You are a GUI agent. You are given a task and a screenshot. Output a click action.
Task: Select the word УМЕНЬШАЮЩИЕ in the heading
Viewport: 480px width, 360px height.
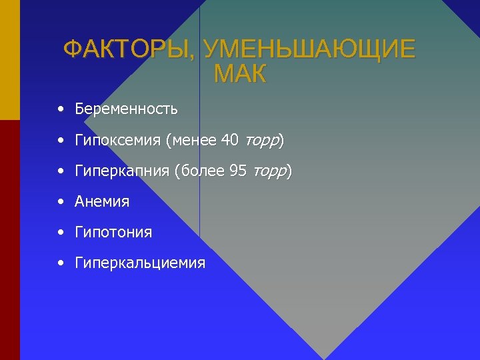309,50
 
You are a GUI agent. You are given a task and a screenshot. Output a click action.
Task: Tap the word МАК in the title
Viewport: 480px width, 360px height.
240,74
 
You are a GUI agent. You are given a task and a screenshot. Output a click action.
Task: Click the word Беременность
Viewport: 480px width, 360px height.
126,108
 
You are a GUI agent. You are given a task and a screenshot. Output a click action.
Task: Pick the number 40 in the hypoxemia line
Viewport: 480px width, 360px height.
229,140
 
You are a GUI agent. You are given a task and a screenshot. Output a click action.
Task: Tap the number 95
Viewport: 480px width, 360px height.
238,171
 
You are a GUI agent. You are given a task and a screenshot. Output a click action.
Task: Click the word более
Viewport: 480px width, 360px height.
203,171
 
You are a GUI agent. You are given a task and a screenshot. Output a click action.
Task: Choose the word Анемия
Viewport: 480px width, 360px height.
102,201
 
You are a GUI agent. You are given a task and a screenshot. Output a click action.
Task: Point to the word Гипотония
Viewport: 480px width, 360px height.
113,233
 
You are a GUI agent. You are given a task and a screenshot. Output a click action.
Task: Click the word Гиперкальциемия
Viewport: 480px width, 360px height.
140,263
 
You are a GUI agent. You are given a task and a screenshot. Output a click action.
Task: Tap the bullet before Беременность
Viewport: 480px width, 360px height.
61,108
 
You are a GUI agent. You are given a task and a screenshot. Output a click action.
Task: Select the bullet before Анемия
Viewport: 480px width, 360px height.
61,201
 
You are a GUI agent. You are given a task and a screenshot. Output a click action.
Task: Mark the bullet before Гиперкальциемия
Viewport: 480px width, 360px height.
61,263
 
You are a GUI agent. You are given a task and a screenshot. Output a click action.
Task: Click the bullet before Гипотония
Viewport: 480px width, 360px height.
61,233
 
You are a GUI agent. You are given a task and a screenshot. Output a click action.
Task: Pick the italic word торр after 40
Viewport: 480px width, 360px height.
261,141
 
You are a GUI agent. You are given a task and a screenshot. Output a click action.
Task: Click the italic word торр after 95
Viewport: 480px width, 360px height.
269,172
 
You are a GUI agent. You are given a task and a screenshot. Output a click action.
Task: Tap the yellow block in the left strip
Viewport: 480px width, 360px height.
9,60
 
